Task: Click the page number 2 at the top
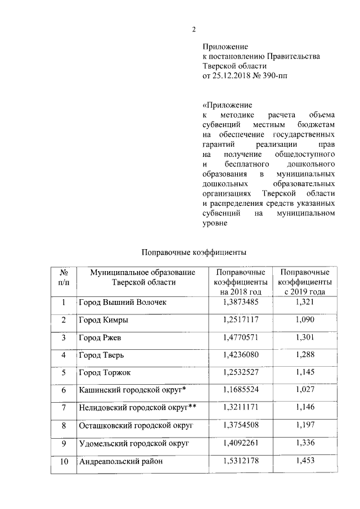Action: pos(193,30)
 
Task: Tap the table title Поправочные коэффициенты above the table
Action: pos(194,253)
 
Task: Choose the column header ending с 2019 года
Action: pos(304,282)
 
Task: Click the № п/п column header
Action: pos(64,277)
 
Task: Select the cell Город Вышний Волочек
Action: pos(122,303)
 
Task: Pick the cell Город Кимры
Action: pos(103,320)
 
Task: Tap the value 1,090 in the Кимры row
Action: pos(304,320)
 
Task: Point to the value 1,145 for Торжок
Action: pos(304,373)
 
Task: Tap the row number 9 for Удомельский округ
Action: pos(64,444)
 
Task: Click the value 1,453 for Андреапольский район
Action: pos(304,462)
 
